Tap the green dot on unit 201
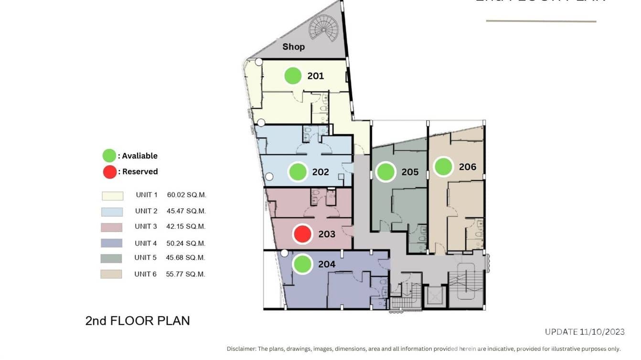293,76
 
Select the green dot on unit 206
443,167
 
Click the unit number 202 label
320,172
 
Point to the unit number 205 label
410,172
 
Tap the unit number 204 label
327,264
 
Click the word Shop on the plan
293,47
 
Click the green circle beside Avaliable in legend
109,156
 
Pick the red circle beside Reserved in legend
109,171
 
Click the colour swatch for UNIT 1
112,196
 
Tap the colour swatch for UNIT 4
111,243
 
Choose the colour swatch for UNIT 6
111,274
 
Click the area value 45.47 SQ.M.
186,211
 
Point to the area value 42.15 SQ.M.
186,226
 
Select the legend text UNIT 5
146,258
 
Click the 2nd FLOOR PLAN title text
138,321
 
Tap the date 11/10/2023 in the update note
602,332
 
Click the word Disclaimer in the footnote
241,349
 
